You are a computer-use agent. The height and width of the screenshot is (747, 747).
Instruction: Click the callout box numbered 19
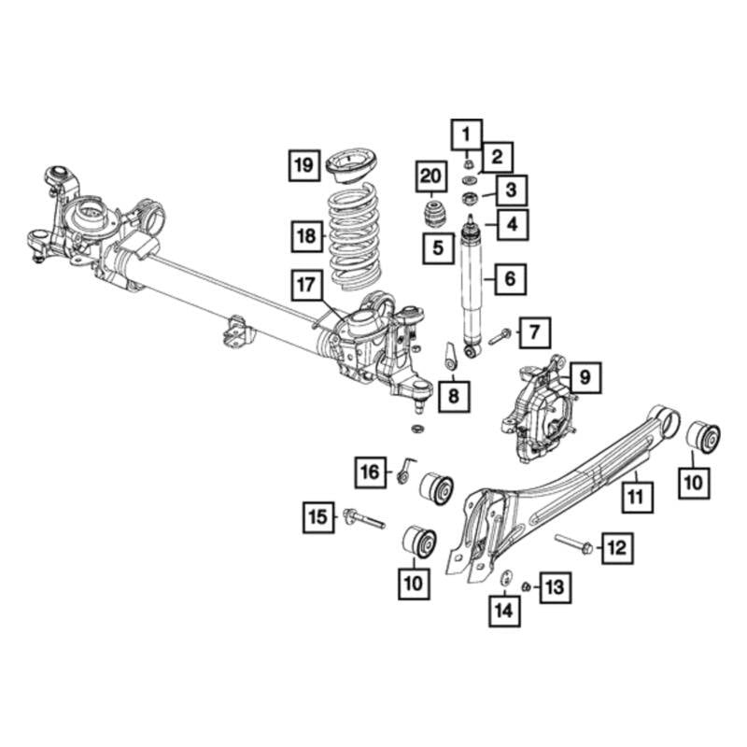[x=303, y=166]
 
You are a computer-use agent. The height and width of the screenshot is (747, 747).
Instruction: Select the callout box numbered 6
[x=510, y=277]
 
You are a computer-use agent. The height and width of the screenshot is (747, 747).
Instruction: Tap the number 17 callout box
[x=308, y=286]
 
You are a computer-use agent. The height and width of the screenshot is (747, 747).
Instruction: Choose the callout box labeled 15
[x=319, y=515]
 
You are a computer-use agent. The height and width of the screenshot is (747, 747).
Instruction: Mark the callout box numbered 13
[x=554, y=586]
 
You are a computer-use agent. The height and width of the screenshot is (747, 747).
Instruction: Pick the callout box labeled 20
[x=430, y=176]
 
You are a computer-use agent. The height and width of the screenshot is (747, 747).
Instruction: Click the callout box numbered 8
[x=454, y=397]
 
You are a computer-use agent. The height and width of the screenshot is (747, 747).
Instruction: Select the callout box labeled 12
[x=615, y=546]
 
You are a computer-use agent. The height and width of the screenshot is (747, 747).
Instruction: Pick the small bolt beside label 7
[x=498, y=334]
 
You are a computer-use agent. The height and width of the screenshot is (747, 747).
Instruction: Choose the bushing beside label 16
[x=435, y=486]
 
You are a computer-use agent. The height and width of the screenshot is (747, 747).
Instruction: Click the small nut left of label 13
[x=527, y=586]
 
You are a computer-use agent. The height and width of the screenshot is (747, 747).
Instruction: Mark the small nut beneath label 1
[x=469, y=164]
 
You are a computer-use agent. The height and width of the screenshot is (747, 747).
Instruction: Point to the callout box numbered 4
[x=512, y=224]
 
